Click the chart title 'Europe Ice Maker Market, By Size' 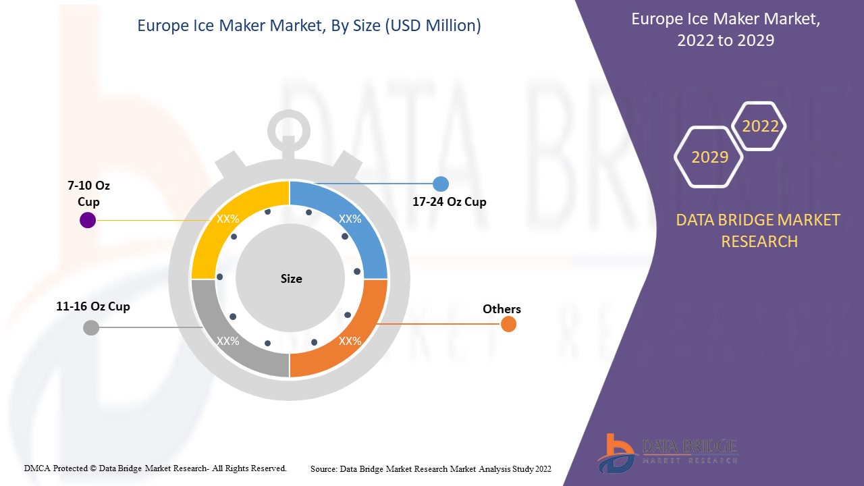click(x=309, y=26)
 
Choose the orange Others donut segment click(x=354, y=337)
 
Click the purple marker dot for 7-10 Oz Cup click(x=88, y=220)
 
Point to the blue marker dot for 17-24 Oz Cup click(x=440, y=184)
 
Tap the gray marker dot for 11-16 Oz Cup click(x=90, y=328)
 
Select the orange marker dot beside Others click(x=508, y=324)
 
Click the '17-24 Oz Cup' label click(x=450, y=202)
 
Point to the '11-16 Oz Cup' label click(x=93, y=306)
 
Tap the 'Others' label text click(x=502, y=309)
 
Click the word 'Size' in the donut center click(x=292, y=279)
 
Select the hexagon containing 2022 click(x=760, y=126)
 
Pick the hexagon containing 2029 click(x=709, y=157)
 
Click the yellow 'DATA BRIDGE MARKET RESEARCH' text click(x=759, y=230)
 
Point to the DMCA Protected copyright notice click(x=155, y=468)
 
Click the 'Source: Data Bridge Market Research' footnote click(x=431, y=468)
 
